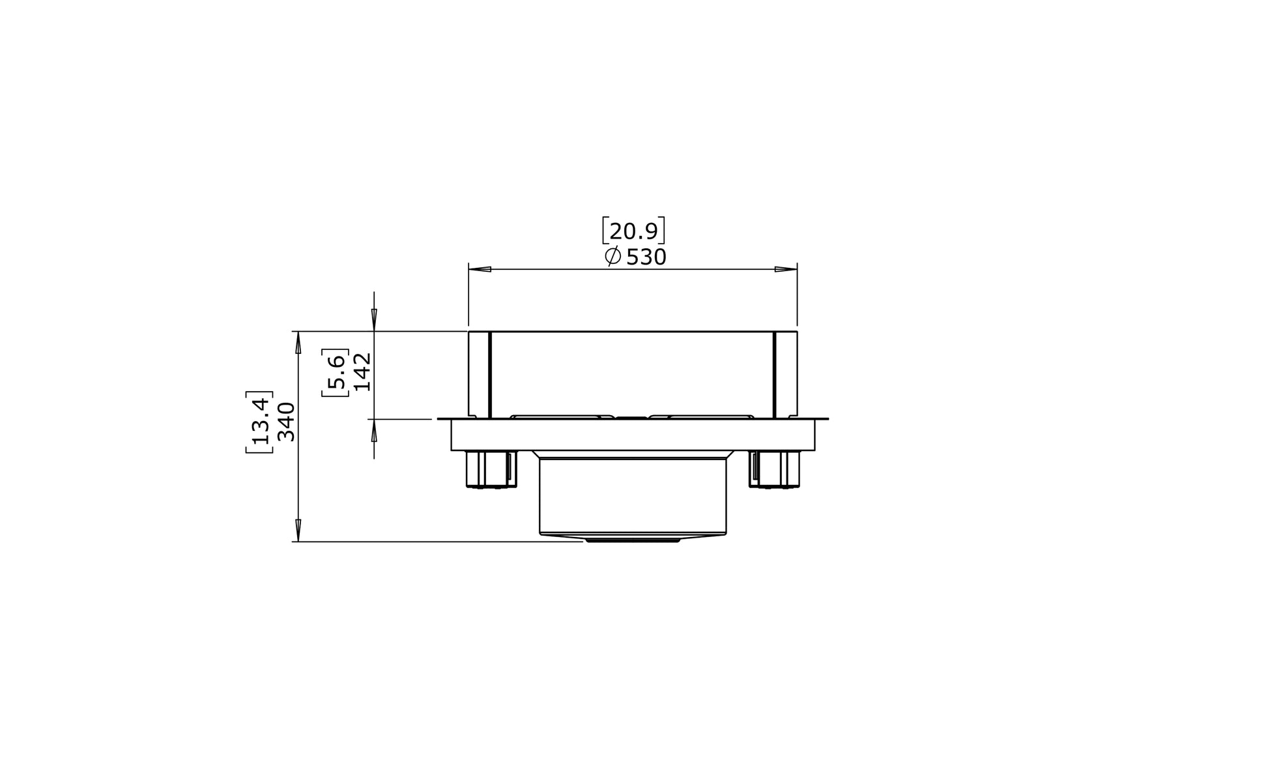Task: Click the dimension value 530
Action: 646,257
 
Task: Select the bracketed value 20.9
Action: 633,231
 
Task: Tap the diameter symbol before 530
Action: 612,256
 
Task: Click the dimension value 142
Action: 362,371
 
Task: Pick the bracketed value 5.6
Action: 336,372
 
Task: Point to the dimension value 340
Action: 286,422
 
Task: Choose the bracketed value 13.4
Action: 259,422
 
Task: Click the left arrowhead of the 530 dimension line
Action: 480,269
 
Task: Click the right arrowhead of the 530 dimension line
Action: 786,269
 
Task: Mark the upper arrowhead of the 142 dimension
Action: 374,320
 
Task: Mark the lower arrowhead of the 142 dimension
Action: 374,431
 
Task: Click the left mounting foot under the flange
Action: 491,469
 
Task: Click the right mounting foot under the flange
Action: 775,469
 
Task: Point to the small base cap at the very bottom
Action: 633,540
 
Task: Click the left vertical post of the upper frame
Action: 479,374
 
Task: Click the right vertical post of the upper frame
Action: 786,374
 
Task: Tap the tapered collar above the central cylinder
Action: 633,454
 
